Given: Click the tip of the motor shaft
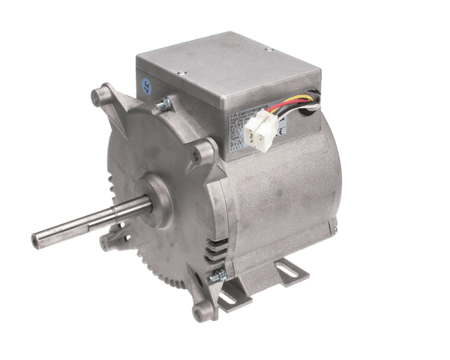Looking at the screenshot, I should click(x=36, y=241).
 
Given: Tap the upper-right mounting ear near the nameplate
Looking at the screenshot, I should click(x=199, y=155).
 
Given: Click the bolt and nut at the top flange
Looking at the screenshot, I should click(x=161, y=106).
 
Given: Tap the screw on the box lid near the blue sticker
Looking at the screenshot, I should click(x=181, y=73).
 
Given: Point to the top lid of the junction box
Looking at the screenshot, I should click(x=225, y=64).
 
